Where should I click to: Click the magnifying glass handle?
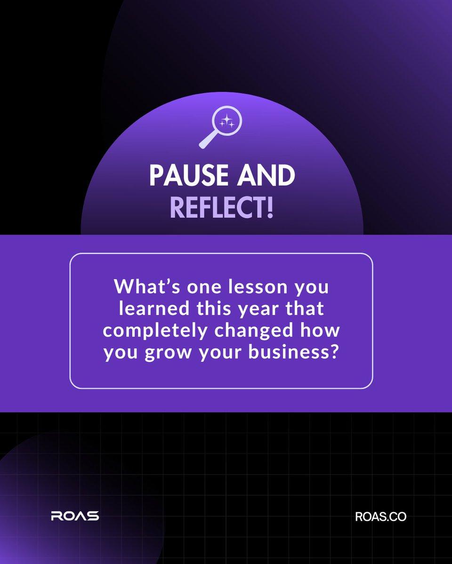click(x=207, y=141)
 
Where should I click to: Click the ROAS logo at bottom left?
click(x=75, y=516)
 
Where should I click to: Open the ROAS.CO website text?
click(x=381, y=517)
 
